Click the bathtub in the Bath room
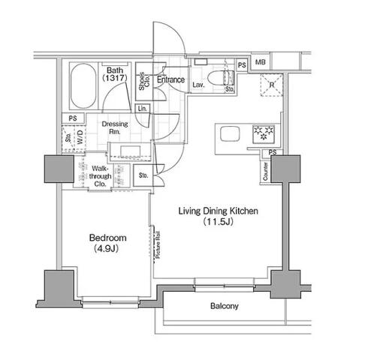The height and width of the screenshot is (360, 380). [x=83, y=85]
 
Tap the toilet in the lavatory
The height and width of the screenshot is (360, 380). [x=221, y=78]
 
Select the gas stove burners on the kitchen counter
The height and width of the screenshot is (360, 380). [x=264, y=134]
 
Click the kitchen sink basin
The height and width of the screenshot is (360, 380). [x=230, y=133]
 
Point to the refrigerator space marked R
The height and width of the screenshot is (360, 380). [x=272, y=85]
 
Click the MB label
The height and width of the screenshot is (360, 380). [x=261, y=61]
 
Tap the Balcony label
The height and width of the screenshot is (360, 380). [x=225, y=306]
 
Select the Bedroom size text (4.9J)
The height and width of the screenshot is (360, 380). [x=106, y=248]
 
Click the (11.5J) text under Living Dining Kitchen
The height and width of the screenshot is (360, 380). [x=218, y=221]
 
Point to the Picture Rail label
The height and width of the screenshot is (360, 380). [x=158, y=245]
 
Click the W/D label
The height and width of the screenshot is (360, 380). [x=80, y=137]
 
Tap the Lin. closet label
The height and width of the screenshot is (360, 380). [x=143, y=109]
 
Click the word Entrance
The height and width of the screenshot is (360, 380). [x=170, y=79]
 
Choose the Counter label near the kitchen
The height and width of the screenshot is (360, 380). [x=265, y=171]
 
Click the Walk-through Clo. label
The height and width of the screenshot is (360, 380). [x=100, y=176]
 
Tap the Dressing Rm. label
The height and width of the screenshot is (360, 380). [x=115, y=127]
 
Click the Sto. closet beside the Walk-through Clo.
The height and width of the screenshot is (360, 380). [x=143, y=175]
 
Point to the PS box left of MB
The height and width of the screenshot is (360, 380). [x=242, y=65]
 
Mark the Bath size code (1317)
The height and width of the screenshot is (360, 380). [x=115, y=78]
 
